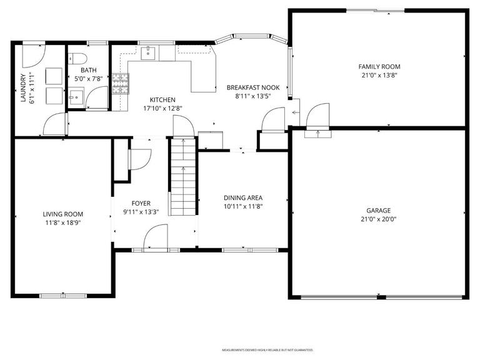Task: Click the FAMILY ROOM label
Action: click(x=379, y=66)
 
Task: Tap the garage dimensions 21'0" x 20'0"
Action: click(x=378, y=219)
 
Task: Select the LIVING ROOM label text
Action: click(x=62, y=214)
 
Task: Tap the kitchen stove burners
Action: click(x=119, y=83)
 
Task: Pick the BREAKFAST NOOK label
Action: click(x=252, y=88)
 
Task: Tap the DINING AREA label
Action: click(x=243, y=198)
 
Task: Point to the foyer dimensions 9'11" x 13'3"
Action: click(x=141, y=211)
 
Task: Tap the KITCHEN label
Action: click(x=162, y=100)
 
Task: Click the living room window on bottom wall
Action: click(x=62, y=295)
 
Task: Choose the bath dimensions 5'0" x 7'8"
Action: click(x=87, y=79)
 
